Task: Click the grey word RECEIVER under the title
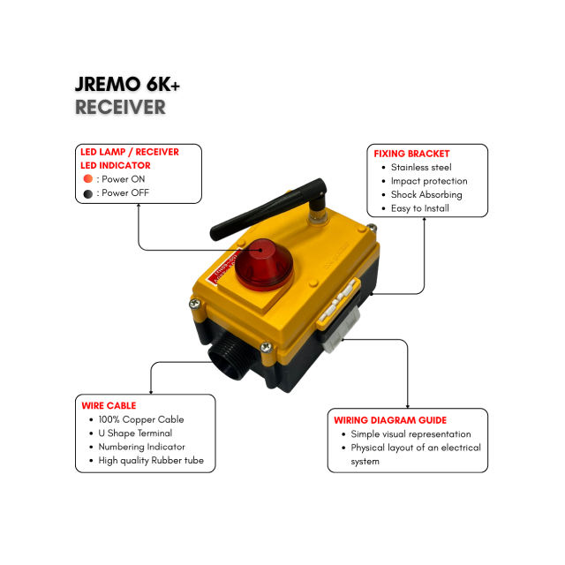(x=120, y=107)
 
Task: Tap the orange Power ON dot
(x=87, y=179)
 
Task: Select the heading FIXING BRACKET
(x=411, y=154)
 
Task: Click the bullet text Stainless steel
(x=421, y=167)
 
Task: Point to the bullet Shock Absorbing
(x=426, y=194)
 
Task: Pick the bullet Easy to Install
(x=420, y=208)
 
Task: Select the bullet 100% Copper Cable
(x=141, y=419)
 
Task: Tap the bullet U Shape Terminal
(x=136, y=433)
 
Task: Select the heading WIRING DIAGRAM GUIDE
(x=390, y=420)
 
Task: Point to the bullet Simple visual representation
(x=411, y=434)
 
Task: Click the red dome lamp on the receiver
(x=261, y=264)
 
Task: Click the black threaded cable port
(x=228, y=360)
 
